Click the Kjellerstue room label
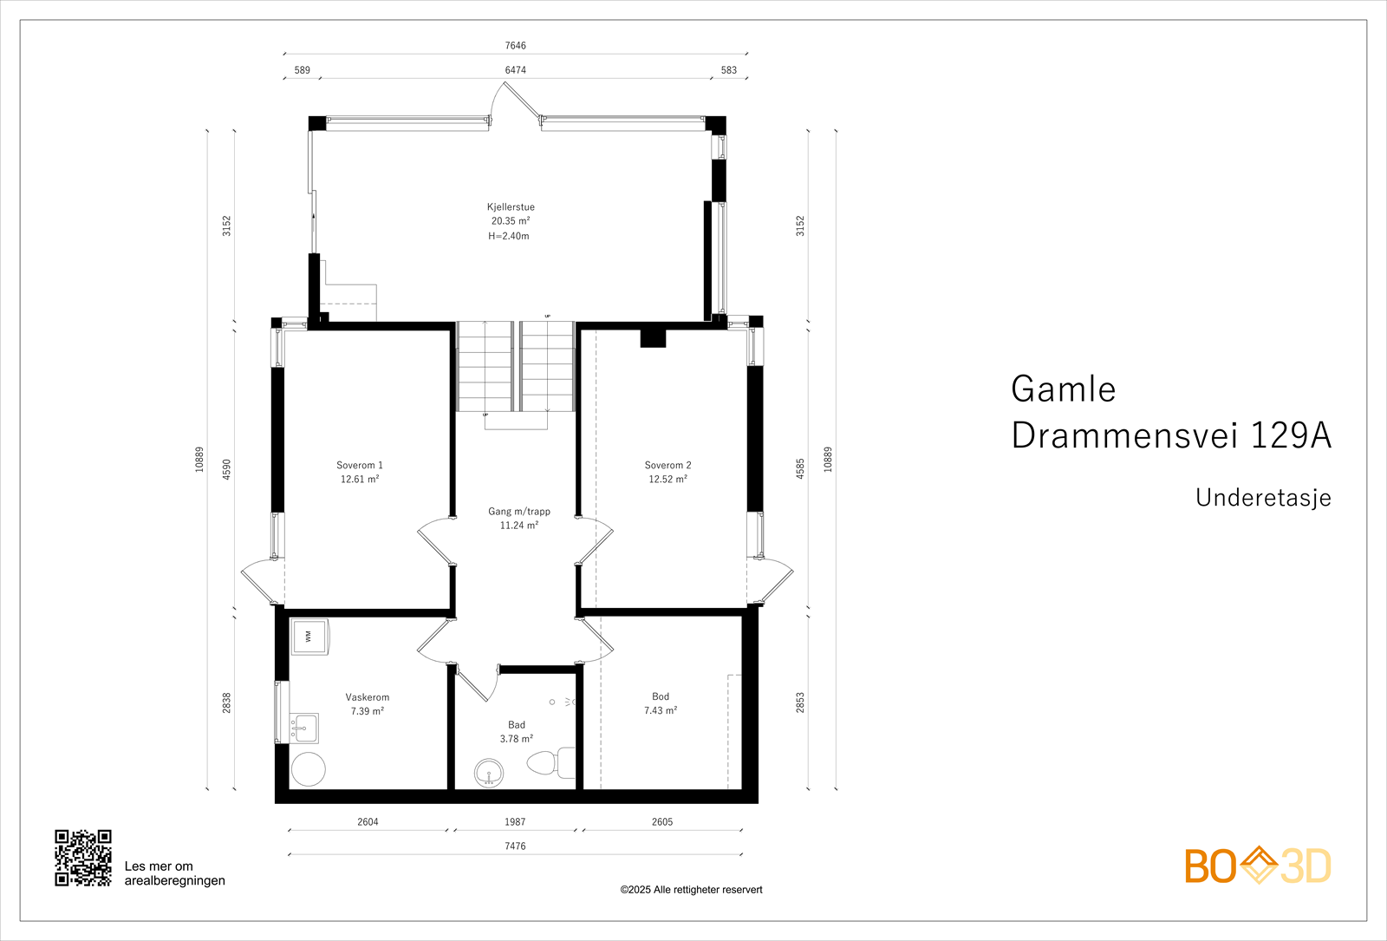pyautogui.click(x=511, y=207)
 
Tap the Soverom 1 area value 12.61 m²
pyautogui.click(x=360, y=480)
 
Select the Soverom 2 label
pyautogui.click(x=667, y=466)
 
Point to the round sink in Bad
pyautogui.click(x=490, y=772)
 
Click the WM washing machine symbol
pyautogui.click(x=309, y=637)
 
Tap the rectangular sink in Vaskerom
pyautogui.click(x=303, y=728)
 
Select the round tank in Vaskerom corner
pyautogui.click(x=308, y=769)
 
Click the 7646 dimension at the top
pyautogui.click(x=515, y=46)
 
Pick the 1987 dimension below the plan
pyautogui.click(x=515, y=822)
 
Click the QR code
pyautogui.click(x=83, y=858)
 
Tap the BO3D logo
pyautogui.click(x=1258, y=866)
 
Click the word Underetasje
pyautogui.click(x=1263, y=498)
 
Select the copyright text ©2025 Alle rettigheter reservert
pyautogui.click(x=691, y=890)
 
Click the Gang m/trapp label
pyautogui.click(x=518, y=512)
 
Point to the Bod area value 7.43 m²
pyautogui.click(x=661, y=711)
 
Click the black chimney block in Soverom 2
pyautogui.click(x=653, y=338)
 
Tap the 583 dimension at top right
pyautogui.click(x=729, y=70)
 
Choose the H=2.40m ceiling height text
pyautogui.click(x=509, y=236)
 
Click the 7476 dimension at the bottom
pyautogui.click(x=515, y=846)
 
